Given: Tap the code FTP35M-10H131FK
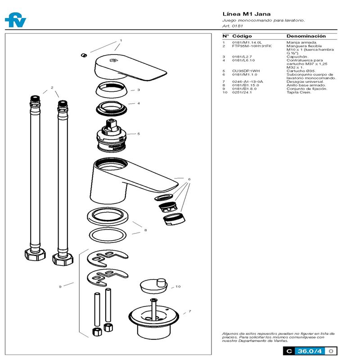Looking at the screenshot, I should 252,46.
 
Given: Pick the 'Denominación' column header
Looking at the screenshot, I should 306,36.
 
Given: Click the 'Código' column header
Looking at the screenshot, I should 242,36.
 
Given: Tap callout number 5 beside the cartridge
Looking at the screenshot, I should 139,134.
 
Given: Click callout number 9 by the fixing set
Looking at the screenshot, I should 60,286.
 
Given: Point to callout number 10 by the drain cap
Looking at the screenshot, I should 178,286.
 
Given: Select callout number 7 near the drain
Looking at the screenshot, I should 189,311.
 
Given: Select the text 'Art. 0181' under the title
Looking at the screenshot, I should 232,26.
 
